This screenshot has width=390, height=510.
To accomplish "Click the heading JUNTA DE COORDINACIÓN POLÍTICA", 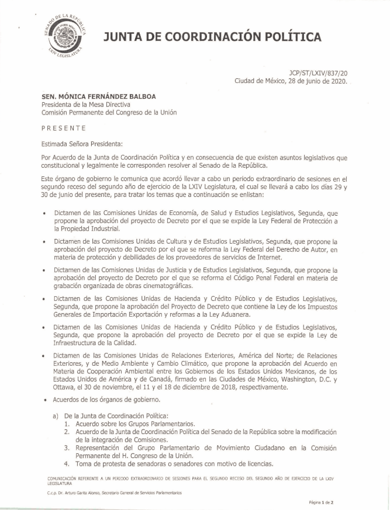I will [212, 37].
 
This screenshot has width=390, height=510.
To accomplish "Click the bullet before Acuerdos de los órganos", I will [44, 400].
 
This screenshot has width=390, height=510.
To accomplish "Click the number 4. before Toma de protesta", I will [67, 464].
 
